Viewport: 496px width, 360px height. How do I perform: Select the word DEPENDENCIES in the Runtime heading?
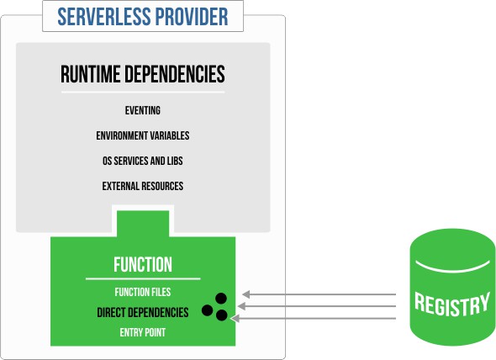click(x=176, y=75)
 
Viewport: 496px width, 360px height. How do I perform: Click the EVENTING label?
click(x=142, y=110)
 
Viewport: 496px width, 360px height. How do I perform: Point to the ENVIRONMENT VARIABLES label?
click(x=142, y=135)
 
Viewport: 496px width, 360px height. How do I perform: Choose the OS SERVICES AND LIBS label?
click(x=142, y=161)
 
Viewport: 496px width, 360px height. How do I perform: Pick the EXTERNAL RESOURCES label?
click(x=142, y=186)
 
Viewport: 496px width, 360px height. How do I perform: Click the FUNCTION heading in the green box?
click(x=143, y=265)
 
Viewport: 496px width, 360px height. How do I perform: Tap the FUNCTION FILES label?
click(x=143, y=292)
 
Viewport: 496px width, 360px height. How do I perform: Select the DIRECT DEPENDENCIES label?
click(x=142, y=312)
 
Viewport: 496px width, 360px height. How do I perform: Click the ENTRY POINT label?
click(x=143, y=332)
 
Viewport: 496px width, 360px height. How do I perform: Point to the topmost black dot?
click(x=220, y=297)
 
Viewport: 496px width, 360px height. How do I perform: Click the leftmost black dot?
click(x=207, y=310)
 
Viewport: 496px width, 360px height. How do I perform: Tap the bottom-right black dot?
click(x=222, y=315)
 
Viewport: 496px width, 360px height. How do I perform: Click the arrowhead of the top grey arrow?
click(x=245, y=294)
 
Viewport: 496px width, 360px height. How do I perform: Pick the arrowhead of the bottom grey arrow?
click(x=235, y=319)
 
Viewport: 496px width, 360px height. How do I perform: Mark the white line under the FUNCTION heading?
click(x=143, y=278)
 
